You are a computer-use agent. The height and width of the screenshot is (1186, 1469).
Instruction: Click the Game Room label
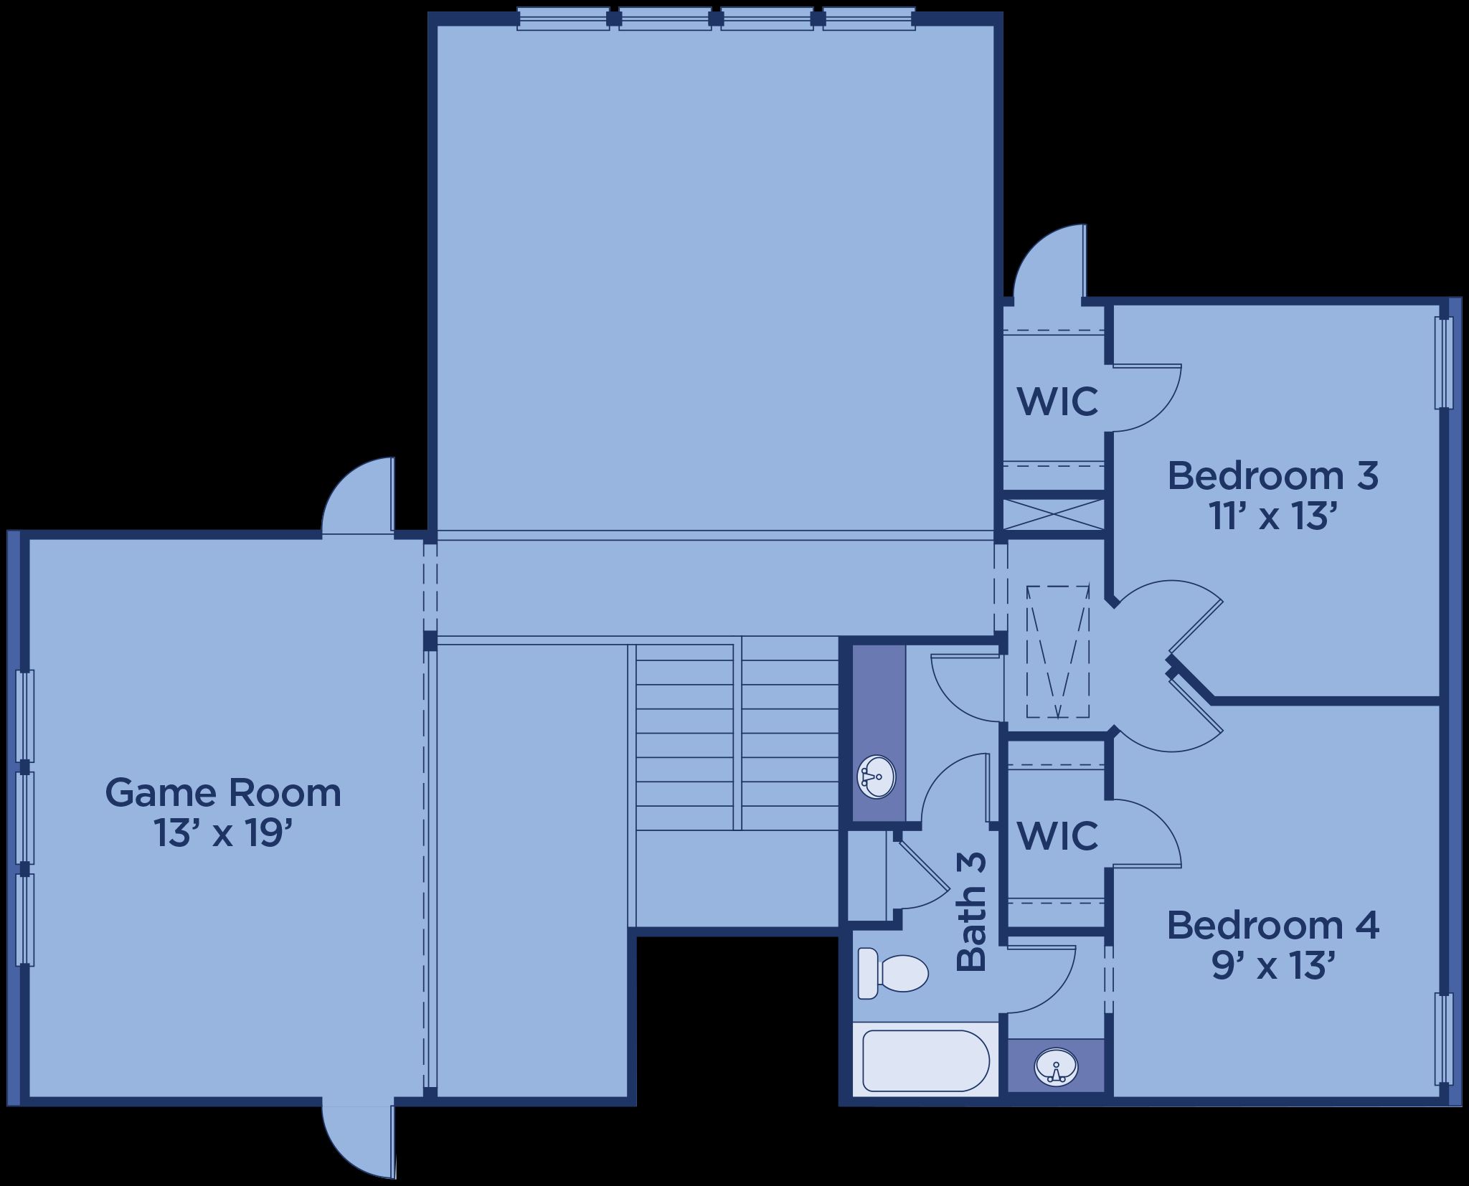(x=223, y=793)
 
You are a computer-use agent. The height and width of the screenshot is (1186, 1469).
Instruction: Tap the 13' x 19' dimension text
(x=223, y=833)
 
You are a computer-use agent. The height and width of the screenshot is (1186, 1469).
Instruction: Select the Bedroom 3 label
(x=1273, y=476)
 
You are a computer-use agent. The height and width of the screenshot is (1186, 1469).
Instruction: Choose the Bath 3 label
(x=972, y=911)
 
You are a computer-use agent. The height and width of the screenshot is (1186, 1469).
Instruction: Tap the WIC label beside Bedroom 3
(x=1058, y=401)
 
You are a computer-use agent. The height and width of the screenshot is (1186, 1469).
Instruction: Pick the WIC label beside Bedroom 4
(x=1058, y=835)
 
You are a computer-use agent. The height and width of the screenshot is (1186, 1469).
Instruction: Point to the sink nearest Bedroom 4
(x=1056, y=1066)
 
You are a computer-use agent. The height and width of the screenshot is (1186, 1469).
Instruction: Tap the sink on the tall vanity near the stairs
(x=877, y=775)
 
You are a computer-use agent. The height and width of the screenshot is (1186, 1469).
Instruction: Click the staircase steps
(x=737, y=736)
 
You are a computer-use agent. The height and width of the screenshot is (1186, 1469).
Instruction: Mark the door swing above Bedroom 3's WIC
(x=1049, y=260)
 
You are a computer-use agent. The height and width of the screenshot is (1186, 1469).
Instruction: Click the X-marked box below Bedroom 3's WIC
(x=1053, y=514)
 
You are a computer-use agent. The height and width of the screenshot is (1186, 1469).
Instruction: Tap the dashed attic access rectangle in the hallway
(x=1058, y=652)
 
